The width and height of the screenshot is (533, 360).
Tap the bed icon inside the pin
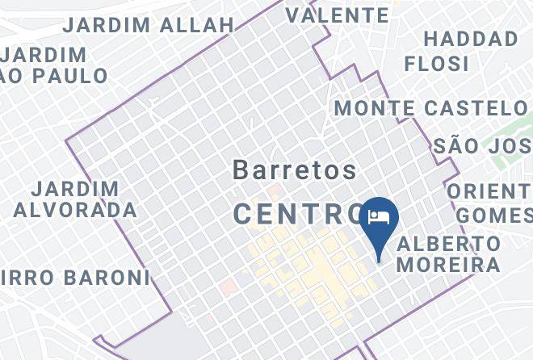380,216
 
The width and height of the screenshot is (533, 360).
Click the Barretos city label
295,170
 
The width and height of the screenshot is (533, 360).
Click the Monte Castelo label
430,107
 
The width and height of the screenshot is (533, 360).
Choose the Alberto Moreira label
449,253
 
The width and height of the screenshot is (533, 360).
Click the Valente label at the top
337,15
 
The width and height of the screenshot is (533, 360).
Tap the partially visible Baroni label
77,278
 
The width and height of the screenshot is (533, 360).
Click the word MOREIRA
449,264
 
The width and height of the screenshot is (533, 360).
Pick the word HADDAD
471,39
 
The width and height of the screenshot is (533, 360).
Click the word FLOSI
437,62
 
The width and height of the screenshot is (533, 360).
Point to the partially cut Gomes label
494,216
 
